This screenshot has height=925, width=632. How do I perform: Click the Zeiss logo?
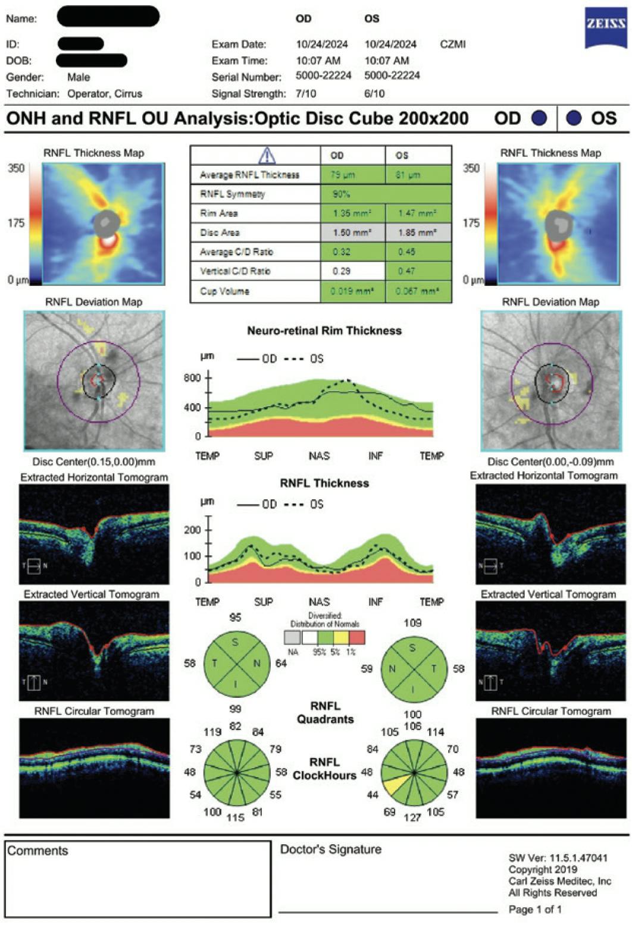pos(605,29)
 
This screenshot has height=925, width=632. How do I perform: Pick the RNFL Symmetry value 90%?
pos(342,194)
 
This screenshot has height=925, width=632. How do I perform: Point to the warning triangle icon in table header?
pos(267,156)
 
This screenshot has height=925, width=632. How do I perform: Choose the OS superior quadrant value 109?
pos(412,622)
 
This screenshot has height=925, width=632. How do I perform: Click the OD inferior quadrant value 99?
pos(235,708)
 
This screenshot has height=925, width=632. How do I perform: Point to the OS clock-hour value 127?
pos(412,817)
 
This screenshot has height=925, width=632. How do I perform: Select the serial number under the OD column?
pos(323,76)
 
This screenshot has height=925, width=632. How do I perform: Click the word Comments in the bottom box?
pos(37,851)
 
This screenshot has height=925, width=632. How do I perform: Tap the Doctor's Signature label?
pos(330,849)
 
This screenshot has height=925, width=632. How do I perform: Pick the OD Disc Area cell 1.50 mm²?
pos(349,232)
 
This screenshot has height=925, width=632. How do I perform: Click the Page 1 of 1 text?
pos(535,909)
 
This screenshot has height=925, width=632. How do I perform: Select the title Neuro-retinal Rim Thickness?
pos(324,331)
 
